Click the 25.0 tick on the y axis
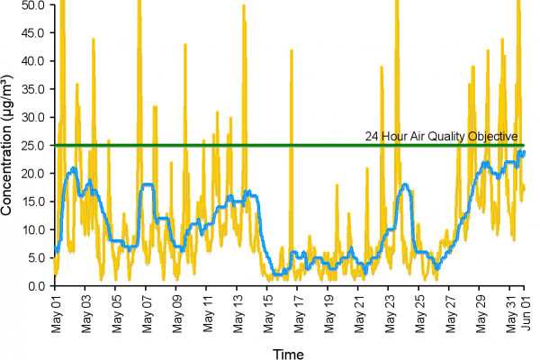(x=34, y=145)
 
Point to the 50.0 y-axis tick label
(x=34, y=4)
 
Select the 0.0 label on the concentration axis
(x=38, y=286)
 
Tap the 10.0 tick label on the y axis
(x=34, y=229)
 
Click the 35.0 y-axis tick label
(x=34, y=88)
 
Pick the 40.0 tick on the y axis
(x=34, y=60)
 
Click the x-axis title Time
(x=289, y=351)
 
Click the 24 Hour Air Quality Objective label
(x=441, y=137)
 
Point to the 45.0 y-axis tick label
(x=34, y=32)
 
